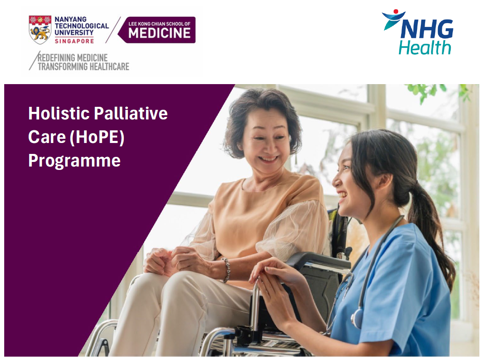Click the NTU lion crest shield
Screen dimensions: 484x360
coord(40,30)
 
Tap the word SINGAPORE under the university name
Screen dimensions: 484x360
coord(74,41)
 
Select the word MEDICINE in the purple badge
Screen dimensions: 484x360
coord(159,33)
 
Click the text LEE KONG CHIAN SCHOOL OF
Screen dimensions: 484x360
coord(159,24)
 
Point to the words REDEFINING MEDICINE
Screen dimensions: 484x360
coord(72,58)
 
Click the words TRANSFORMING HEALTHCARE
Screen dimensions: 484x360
coord(83,66)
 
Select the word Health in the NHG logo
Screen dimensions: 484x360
coord(425,48)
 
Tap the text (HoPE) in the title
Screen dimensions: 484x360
coord(97,137)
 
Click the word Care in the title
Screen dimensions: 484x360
coord(47,137)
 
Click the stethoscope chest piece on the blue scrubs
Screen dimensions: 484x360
coord(357,318)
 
